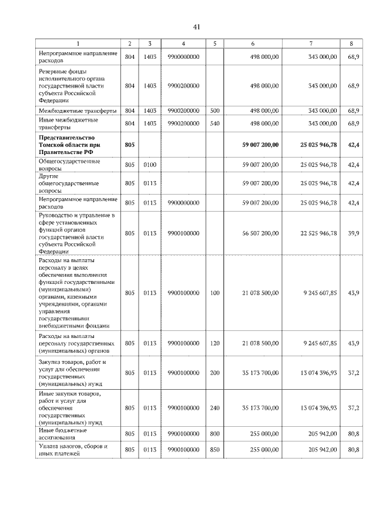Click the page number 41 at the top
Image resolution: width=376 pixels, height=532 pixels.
197,26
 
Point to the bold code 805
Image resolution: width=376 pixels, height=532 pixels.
130,144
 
